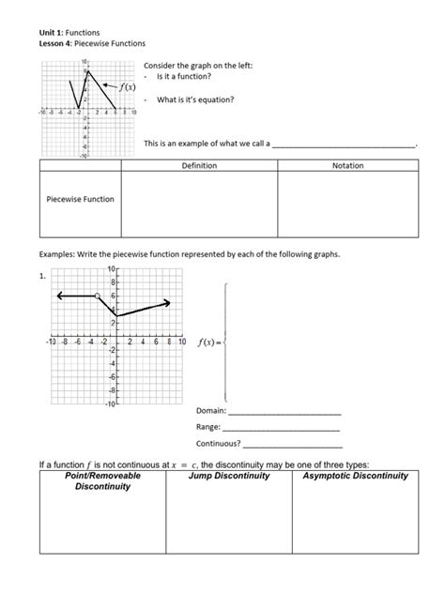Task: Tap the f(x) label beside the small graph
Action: click(x=125, y=87)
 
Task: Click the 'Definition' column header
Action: click(x=198, y=166)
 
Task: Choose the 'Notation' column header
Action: click(x=347, y=166)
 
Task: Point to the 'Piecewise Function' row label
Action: click(x=80, y=199)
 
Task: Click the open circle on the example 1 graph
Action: click(x=97, y=296)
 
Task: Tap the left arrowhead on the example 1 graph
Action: click(x=58, y=296)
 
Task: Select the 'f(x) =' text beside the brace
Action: click(x=208, y=342)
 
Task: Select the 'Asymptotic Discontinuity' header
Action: click(x=355, y=476)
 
